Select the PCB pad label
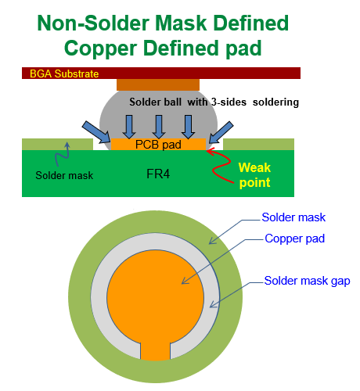[159, 145]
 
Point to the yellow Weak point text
[255, 174]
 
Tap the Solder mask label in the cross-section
[65, 174]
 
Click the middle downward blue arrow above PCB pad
[160, 125]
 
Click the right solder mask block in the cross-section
[258, 144]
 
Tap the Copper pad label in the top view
[295, 238]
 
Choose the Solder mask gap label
[307, 279]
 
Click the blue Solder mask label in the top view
[293, 217]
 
